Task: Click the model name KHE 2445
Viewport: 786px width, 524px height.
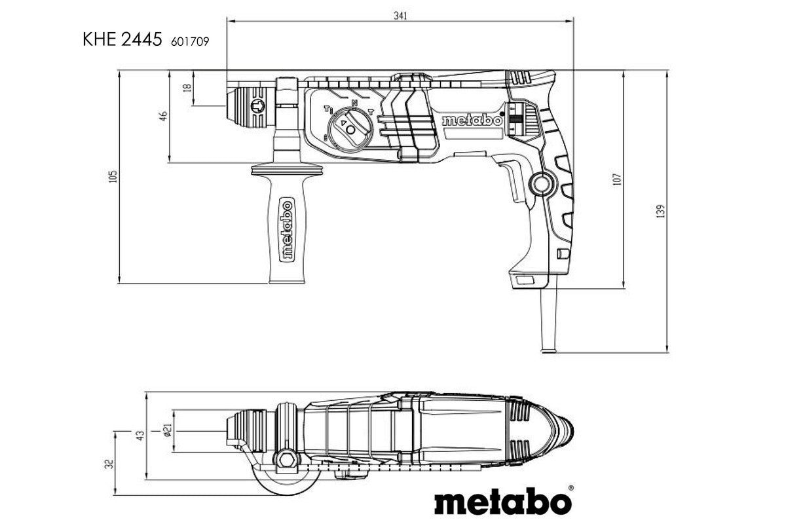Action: [x=122, y=40]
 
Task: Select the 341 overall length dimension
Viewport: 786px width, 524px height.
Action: [x=400, y=16]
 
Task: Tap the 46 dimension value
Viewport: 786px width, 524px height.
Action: [x=163, y=115]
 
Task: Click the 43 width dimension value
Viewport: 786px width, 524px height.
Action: [x=140, y=436]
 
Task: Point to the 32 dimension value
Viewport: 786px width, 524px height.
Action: [x=109, y=463]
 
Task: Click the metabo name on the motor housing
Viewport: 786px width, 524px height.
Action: [x=471, y=121]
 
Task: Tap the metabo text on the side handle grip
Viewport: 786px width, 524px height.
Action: [x=286, y=230]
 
